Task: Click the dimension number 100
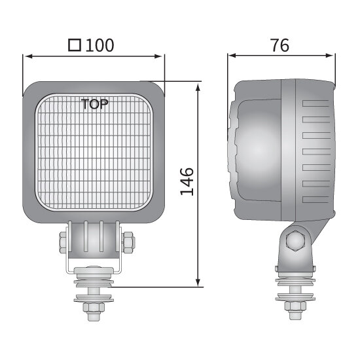[x=99, y=45]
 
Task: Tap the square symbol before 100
[x=75, y=45]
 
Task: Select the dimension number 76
[x=279, y=45]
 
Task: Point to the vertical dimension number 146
[x=187, y=181]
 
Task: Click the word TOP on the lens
[x=96, y=103]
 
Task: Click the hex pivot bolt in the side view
[x=295, y=242]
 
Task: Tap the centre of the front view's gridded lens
[x=96, y=152]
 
